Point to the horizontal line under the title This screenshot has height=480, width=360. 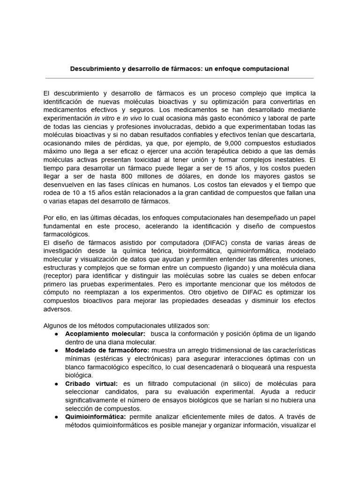click(180, 78)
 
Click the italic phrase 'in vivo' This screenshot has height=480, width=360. click(132, 118)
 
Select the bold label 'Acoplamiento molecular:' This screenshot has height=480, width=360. click(99, 334)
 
